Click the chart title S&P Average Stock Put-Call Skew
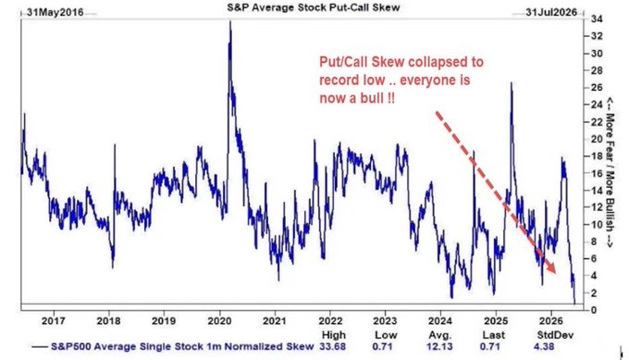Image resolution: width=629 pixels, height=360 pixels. tap(314, 6)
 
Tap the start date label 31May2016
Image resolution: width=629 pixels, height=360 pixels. tap(55, 12)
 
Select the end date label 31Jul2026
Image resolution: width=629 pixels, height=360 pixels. tap(551, 12)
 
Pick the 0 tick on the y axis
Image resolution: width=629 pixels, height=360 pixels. tap(593, 310)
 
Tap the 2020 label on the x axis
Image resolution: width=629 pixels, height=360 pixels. tap(219, 321)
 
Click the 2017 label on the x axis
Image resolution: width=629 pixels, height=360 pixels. tap(54, 321)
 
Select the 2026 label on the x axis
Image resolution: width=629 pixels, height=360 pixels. tap(550, 321)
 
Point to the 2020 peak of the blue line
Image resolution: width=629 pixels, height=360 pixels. tap(229, 21)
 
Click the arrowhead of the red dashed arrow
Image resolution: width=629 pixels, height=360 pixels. tap(552, 268)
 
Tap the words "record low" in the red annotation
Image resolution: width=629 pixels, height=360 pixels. tap(351, 80)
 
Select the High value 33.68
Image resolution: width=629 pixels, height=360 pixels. tap(333, 346)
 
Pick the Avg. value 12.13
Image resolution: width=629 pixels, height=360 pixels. tap(439, 346)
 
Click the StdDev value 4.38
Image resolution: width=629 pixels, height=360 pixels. tap(544, 346)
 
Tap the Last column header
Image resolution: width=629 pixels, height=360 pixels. tap(493, 335)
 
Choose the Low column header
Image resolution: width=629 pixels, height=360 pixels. tap(386, 335)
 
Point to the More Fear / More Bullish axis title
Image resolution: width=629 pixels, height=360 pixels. tap(610, 172)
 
